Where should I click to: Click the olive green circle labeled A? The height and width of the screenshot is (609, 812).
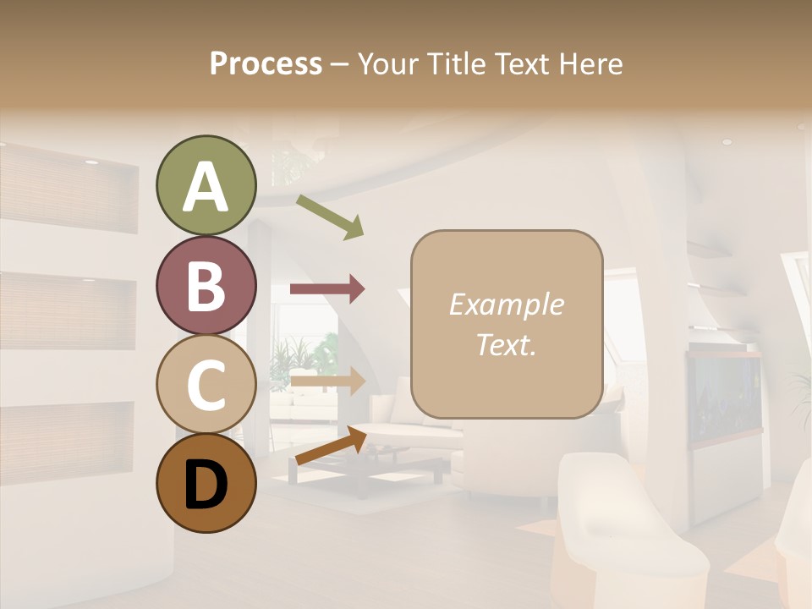206,185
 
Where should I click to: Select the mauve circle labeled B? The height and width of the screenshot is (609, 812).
206,285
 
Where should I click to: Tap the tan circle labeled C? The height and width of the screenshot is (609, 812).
206,384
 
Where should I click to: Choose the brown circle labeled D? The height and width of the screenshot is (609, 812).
206,484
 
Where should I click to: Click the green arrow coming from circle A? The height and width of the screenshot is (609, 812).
330,217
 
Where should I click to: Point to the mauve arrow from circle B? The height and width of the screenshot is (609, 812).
327,289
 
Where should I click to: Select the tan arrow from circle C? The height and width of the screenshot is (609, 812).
327,381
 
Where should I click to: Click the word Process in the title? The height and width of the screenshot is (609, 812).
266,63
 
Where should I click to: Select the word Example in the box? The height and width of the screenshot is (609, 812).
506,304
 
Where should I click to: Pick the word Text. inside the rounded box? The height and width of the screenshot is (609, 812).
506,344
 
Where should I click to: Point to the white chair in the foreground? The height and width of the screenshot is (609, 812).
626,524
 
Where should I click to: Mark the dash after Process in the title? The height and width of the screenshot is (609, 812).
340,64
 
